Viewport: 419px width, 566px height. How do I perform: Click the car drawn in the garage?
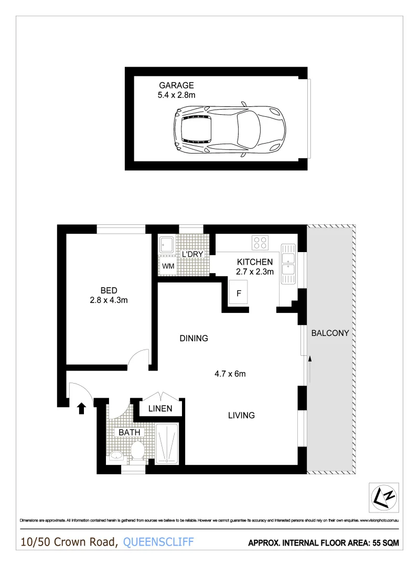230,128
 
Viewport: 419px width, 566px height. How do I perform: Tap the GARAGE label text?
176,85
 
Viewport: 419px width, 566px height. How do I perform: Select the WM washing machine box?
168,266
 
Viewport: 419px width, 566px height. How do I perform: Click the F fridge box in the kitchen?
239,293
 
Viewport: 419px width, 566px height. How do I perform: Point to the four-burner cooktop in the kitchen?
260,243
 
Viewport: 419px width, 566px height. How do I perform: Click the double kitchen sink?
287,264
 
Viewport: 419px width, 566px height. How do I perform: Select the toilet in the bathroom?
138,451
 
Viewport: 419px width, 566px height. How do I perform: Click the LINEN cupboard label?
160,409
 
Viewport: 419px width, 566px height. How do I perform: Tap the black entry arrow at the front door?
81,408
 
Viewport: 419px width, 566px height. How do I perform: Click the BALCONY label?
330,333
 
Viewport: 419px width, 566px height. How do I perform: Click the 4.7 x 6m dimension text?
230,374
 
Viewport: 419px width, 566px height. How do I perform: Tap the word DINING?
194,338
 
